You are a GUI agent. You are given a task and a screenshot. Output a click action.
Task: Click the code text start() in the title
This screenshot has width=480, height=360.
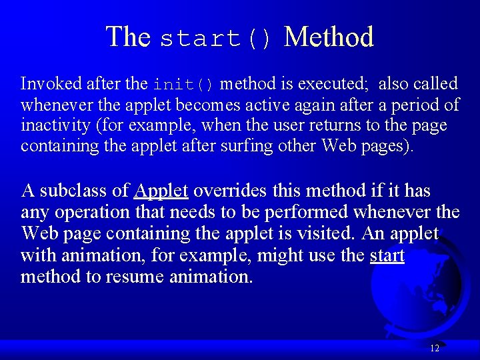click(216, 39)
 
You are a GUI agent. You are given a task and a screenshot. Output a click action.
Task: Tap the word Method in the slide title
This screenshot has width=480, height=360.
click(329, 37)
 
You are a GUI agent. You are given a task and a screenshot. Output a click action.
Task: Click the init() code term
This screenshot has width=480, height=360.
click(183, 85)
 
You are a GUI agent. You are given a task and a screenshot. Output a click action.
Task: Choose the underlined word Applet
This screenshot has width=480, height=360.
click(161, 191)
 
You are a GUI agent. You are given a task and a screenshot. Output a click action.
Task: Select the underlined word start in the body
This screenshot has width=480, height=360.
click(387, 255)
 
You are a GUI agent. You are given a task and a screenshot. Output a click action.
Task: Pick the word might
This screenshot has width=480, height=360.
click(281, 255)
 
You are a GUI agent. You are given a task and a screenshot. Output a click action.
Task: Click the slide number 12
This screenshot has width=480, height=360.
click(435, 348)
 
